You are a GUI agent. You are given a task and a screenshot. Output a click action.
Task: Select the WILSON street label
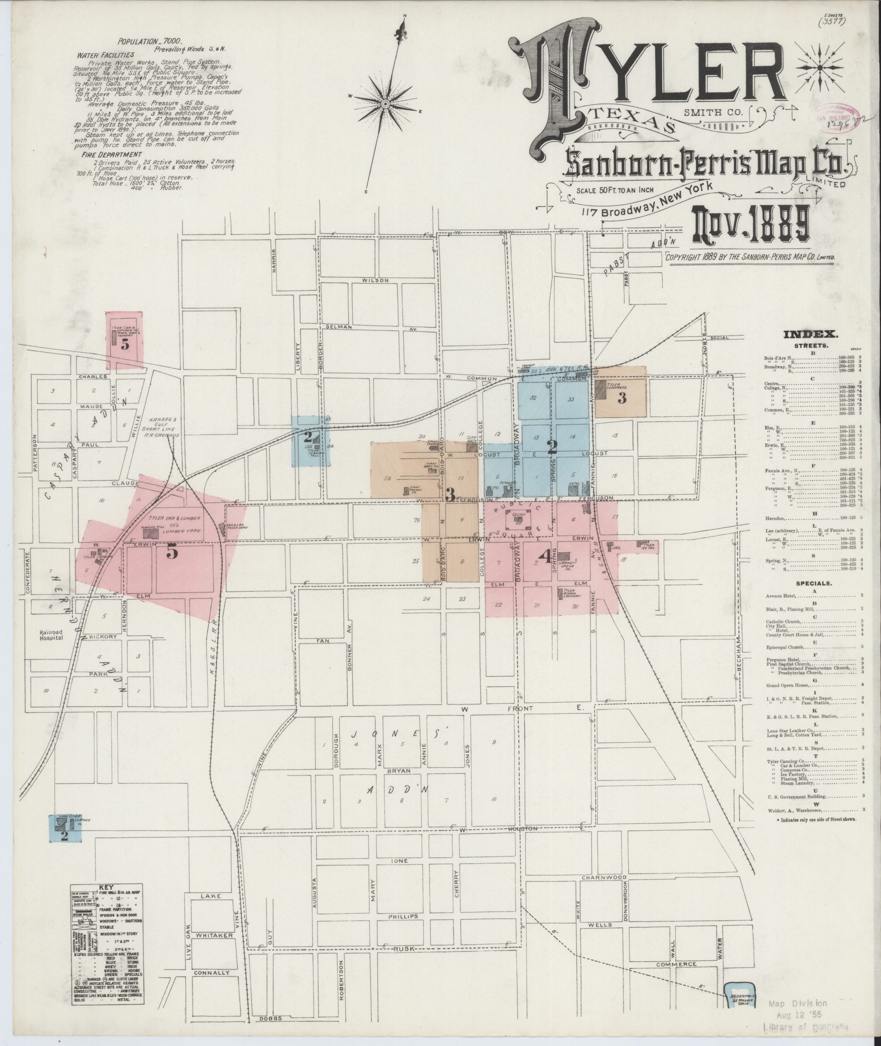click(375, 280)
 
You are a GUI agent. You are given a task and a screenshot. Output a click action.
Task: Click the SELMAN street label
click(338, 326)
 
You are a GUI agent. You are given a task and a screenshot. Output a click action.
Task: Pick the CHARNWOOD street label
click(604, 878)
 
